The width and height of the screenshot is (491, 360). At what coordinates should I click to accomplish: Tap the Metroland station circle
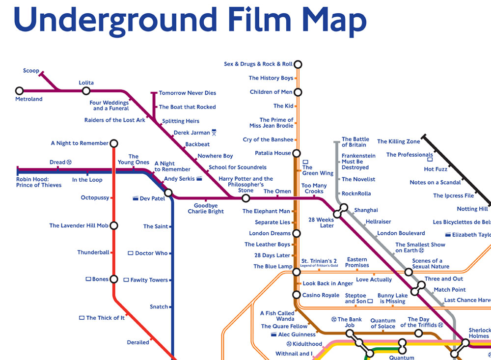click(19, 91)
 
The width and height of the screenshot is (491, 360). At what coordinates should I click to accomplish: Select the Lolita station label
click(86, 83)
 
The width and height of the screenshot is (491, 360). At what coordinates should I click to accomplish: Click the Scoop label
click(31, 71)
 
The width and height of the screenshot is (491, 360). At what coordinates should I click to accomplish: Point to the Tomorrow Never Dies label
click(187, 93)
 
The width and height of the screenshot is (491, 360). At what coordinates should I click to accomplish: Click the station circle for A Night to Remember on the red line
click(113, 143)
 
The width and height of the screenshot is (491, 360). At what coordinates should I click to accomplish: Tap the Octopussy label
click(94, 198)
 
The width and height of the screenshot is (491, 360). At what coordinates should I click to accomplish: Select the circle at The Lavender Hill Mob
click(113, 226)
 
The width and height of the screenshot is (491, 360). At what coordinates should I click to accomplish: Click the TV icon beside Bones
click(88, 279)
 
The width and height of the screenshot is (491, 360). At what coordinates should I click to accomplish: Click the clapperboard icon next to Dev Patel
click(135, 199)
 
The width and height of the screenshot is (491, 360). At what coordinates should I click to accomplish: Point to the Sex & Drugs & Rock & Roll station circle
click(297, 64)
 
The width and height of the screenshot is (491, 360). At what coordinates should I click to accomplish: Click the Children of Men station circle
click(297, 92)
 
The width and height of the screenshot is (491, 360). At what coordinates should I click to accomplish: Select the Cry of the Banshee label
click(268, 140)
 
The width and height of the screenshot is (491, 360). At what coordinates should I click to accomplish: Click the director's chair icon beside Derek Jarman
click(214, 133)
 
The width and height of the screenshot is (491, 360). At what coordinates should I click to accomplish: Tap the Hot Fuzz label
click(436, 169)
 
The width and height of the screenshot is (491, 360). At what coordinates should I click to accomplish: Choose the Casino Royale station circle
click(297, 295)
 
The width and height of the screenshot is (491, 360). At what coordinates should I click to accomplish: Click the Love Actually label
click(374, 280)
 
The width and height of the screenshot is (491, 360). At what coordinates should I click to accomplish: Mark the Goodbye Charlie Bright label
click(206, 209)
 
